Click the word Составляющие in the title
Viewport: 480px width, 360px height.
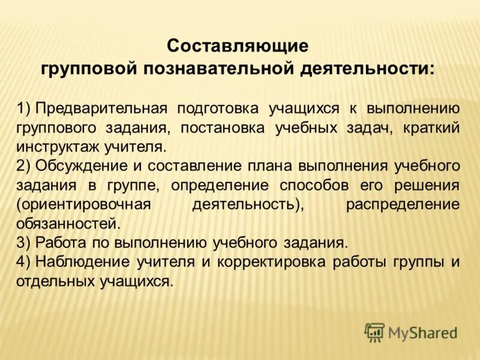click(238, 46)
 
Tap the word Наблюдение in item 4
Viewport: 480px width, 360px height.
click(82, 262)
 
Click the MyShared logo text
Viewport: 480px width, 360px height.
click(422, 332)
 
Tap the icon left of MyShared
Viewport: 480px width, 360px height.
click(374, 332)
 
